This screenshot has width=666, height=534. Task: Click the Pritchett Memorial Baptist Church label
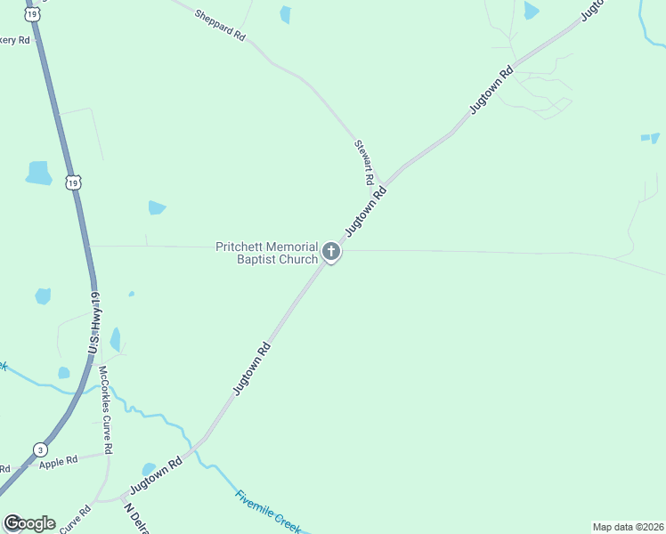tap(267, 253)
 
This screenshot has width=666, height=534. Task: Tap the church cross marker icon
tap(331, 252)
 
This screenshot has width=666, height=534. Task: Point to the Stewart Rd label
tap(363, 161)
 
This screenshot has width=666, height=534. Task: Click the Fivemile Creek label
tap(269, 510)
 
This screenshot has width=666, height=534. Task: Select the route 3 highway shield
tap(40, 449)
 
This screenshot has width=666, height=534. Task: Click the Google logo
tap(29, 523)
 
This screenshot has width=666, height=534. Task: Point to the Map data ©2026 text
tap(627, 527)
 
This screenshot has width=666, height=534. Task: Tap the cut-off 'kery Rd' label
tap(15, 40)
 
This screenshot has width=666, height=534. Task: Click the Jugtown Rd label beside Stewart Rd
tap(367, 211)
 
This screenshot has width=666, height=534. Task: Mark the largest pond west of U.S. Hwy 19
tap(39, 173)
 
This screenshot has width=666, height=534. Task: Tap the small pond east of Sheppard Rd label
tap(285, 13)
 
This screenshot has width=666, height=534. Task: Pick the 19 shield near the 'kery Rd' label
tap(32, 15)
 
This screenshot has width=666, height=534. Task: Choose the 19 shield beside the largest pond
tap(72, 182)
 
